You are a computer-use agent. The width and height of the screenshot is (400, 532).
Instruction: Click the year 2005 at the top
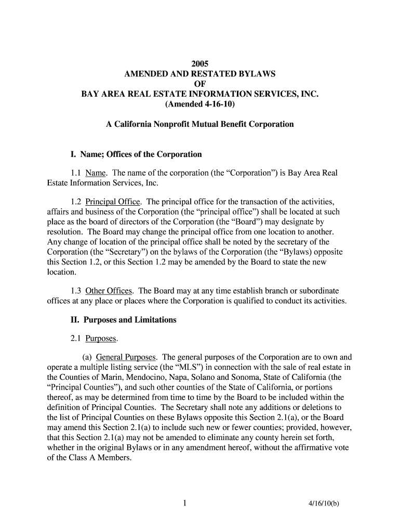click(200, 64)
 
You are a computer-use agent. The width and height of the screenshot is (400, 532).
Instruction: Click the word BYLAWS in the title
click(253, 74)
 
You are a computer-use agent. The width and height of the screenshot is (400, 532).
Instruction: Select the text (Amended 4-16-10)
click(200, 104)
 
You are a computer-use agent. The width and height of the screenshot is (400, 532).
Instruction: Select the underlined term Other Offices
click(109, 290)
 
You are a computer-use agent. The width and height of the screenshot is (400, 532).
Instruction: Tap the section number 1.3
click(76, 290)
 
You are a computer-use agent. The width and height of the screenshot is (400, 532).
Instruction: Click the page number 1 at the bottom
click(184, 502)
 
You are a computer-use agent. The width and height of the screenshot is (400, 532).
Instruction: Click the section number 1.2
click(76, 202)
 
